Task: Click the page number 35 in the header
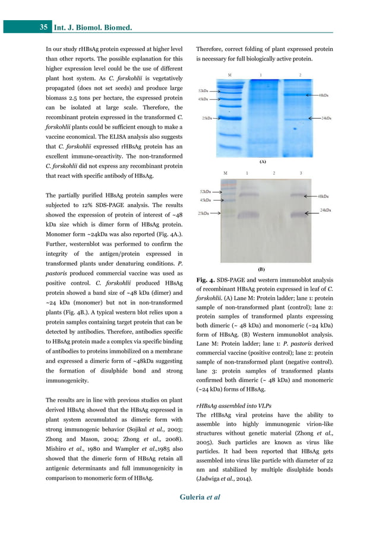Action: point(44,27)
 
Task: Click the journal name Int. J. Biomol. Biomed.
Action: point(93,27)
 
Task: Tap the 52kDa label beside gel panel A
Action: point(204,90)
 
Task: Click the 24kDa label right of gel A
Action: point(326,119)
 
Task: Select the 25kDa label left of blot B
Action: point(203,214)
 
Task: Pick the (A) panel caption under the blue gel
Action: point(263,161)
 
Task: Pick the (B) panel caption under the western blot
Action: point(262,268)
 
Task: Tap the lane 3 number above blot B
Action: point(301,173)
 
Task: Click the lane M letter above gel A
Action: point(230,75)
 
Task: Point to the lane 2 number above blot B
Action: point(274,173)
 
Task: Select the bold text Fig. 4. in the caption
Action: point(207,280)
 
